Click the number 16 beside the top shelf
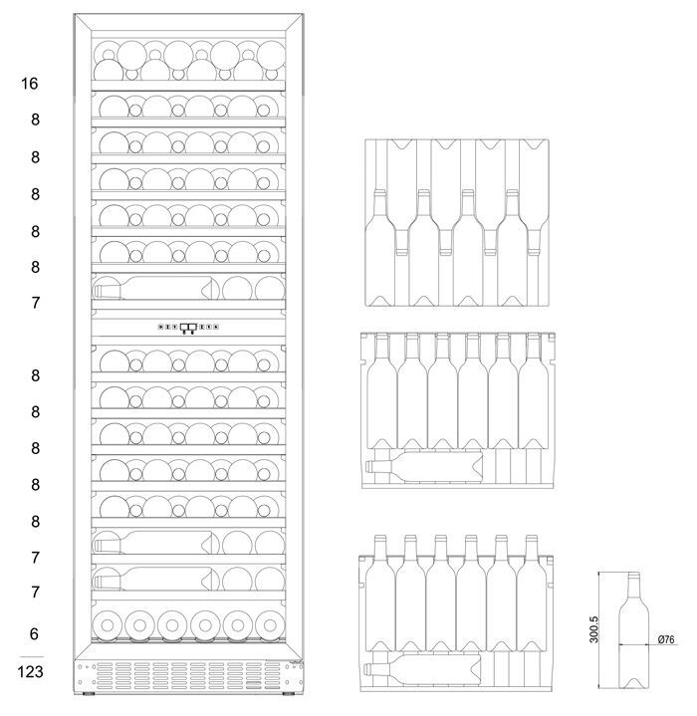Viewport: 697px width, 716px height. coord(29,84)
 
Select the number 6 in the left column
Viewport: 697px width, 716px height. coord(35,633)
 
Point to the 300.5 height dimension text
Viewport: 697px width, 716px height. coord(594,628)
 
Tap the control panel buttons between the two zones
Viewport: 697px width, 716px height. coord(188,326)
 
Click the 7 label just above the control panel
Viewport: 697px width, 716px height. coord(35,303)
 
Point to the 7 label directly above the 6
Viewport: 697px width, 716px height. coord(35,593)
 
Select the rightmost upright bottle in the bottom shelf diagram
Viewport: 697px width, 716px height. coord(532,597)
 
